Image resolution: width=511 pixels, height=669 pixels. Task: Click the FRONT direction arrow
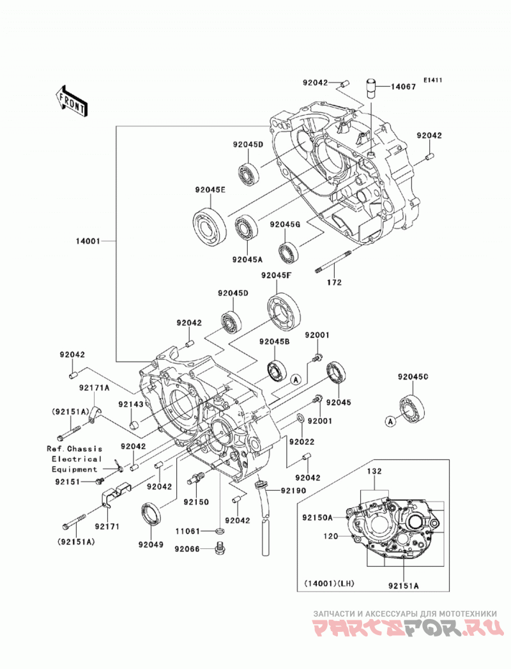[71, 100]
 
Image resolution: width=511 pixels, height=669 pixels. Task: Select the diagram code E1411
[432, 80]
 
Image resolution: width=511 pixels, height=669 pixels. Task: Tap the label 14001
[88, 241]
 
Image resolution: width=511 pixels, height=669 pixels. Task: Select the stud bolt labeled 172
[333, 263]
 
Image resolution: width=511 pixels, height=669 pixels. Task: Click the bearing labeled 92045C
[412, 407]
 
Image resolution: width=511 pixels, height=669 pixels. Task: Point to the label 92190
[293, 491]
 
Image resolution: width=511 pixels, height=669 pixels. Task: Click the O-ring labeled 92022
[300, 417]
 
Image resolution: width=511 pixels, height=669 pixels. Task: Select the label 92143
[131, 404]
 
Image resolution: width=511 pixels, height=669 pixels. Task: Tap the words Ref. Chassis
[75, 449]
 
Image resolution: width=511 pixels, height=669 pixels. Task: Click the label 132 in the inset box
[374, 472]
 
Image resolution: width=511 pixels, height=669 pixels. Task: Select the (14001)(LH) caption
[330, 583]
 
